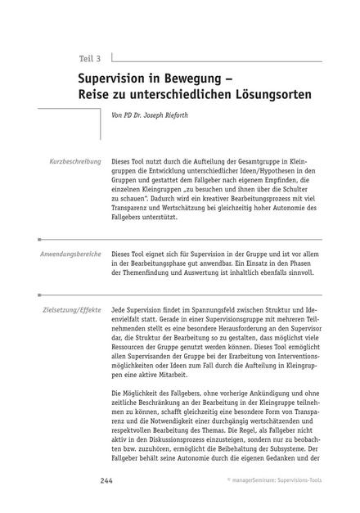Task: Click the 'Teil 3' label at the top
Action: (x=89, y=59)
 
